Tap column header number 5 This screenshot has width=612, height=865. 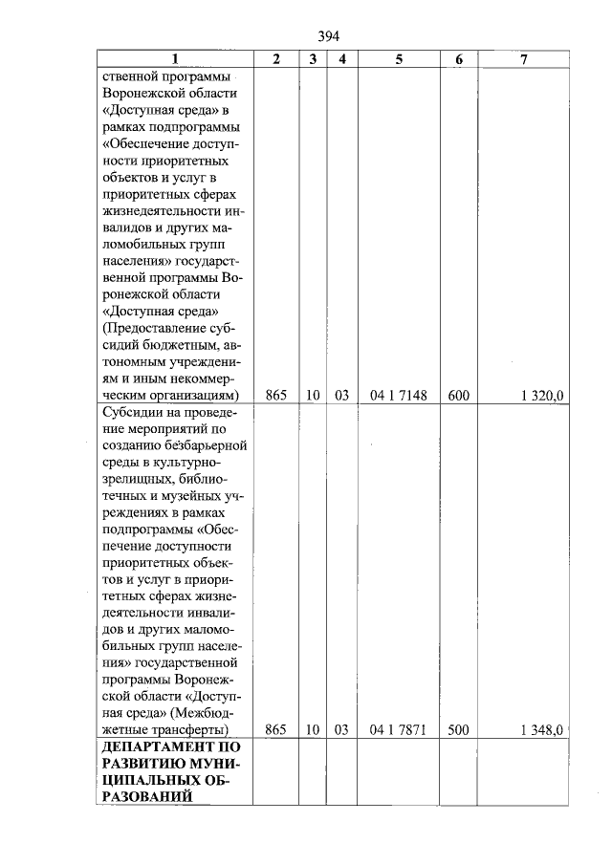tap(400, 59)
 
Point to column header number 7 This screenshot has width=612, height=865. tap(523, 59)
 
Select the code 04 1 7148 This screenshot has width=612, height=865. tap(400, 395)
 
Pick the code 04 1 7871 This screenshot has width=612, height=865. tap(400, 730)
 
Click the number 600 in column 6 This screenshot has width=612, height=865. tap(459, 395)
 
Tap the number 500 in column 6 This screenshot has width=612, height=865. tap(459, 730)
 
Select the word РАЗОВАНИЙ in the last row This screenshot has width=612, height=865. tap(142, 795)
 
